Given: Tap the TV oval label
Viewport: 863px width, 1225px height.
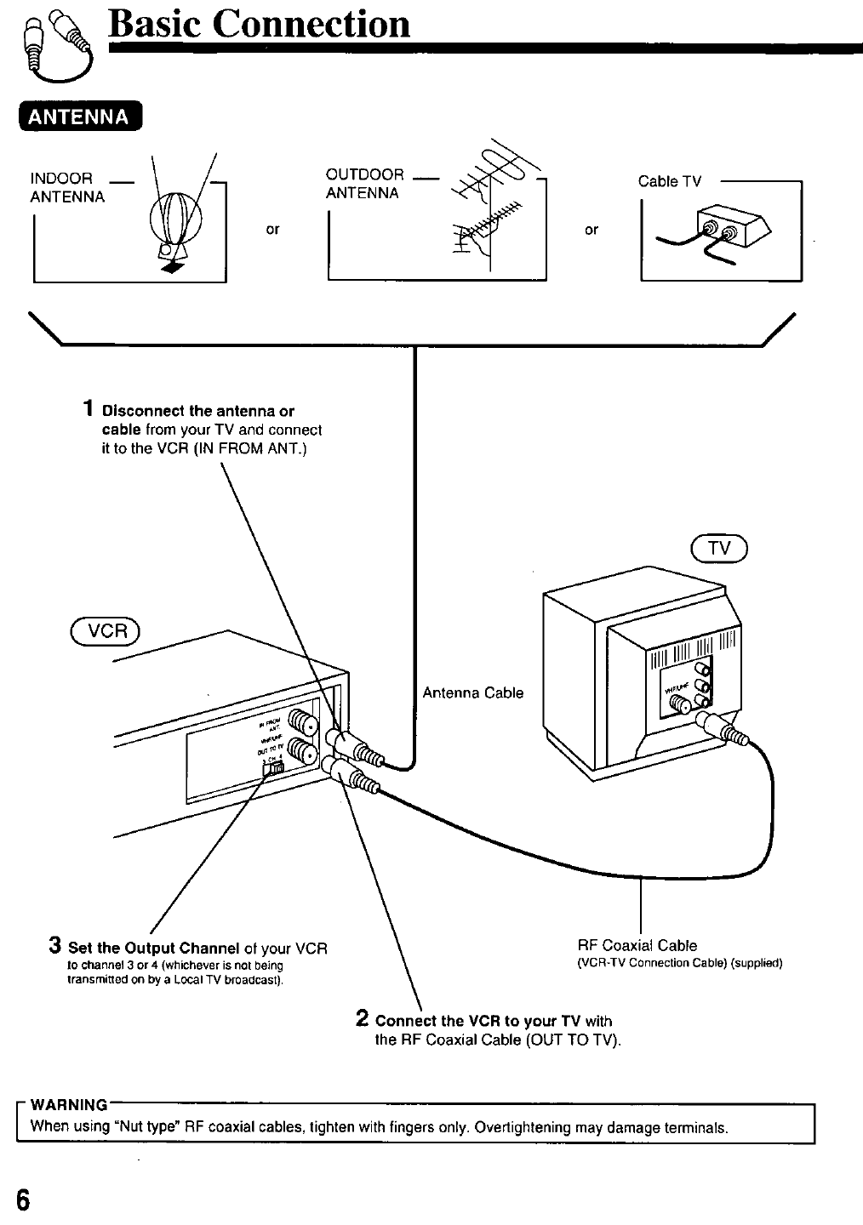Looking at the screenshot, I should point(719,549).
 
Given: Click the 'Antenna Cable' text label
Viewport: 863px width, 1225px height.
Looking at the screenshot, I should point(473,692).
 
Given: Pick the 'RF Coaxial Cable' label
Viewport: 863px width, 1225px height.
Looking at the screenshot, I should point(637,945).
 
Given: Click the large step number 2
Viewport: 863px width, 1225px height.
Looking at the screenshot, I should point(362,1018).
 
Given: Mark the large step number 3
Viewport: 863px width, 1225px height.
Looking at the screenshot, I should point(54,945).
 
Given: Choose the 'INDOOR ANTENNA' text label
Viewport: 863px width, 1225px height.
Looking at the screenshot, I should point(67,187).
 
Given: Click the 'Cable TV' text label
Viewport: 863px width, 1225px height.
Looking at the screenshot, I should point(670,181).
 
